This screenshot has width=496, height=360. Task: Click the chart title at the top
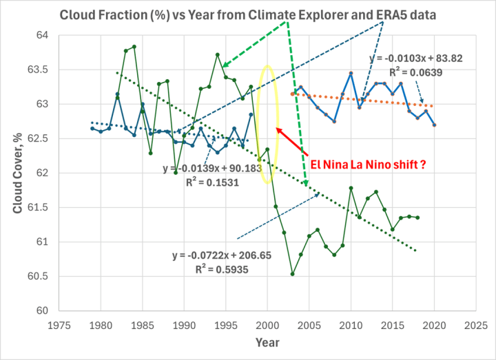pyautogui.click(x=247, y=14)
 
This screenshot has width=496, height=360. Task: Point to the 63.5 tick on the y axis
pyautogui.click(x=66, y=70)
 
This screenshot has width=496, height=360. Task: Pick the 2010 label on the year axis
pyautogui.click(x=351, y=323)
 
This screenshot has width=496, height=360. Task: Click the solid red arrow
pyautogui.click(x=291, y=141)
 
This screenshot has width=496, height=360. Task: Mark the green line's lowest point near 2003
pyautogui.click(x=293, y=274)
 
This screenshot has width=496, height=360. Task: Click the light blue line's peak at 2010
pyautogui.click(x=351, y=73)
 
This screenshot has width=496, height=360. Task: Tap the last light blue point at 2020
pyautogui.click(x=435, y=125)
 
